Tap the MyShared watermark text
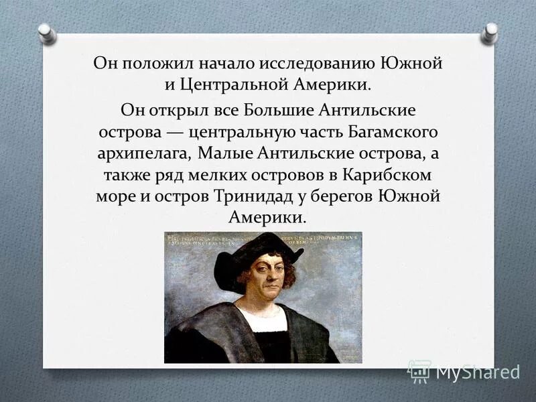[477, 371]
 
